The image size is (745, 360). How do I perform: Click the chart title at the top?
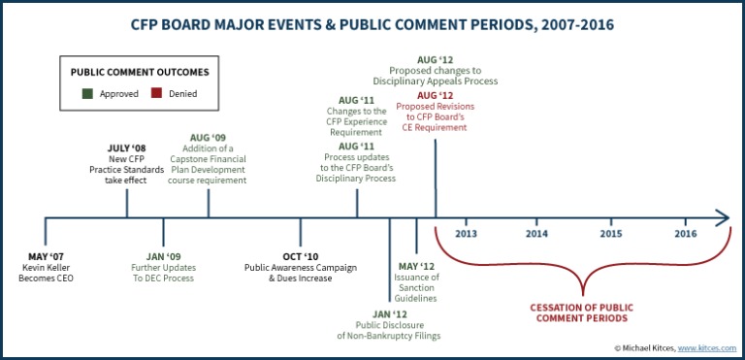click(x=372, y=21)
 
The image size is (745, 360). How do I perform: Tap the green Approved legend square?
click(x=88, y=95)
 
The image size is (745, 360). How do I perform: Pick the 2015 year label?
click(x=611, y=235)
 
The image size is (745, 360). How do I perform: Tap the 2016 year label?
click(x=685, y=235)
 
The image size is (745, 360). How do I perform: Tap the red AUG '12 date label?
click(x=435, y=95)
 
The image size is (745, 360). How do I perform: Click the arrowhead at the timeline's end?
click(x=723, y=217)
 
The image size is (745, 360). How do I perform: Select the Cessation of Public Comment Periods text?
click(x=582, y=311)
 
